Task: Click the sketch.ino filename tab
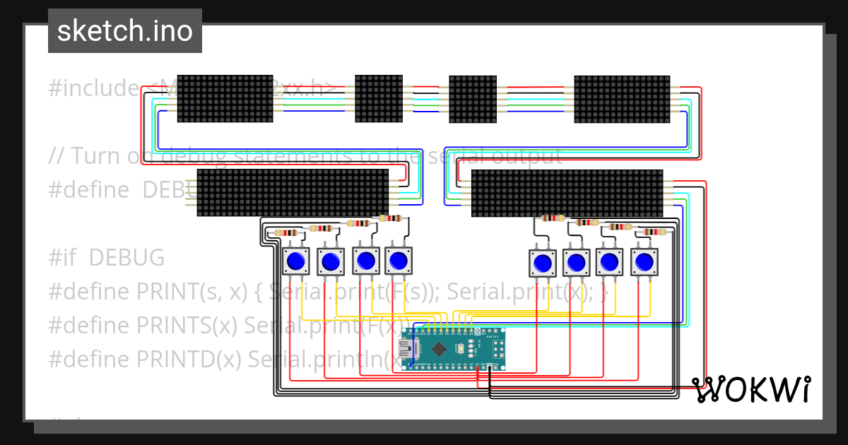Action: tap(125, 31)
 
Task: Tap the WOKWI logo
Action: tap(750, 389)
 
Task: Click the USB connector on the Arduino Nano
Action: tap(408, 348)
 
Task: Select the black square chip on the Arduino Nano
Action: tap(440, 348)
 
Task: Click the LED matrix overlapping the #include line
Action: tap(225, 99)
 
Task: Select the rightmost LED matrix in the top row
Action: tap(621, 99)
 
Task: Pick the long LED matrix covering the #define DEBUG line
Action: tap(293, 193)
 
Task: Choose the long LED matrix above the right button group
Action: tap(567, 193)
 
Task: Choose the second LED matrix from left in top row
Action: tap(378, 99)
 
